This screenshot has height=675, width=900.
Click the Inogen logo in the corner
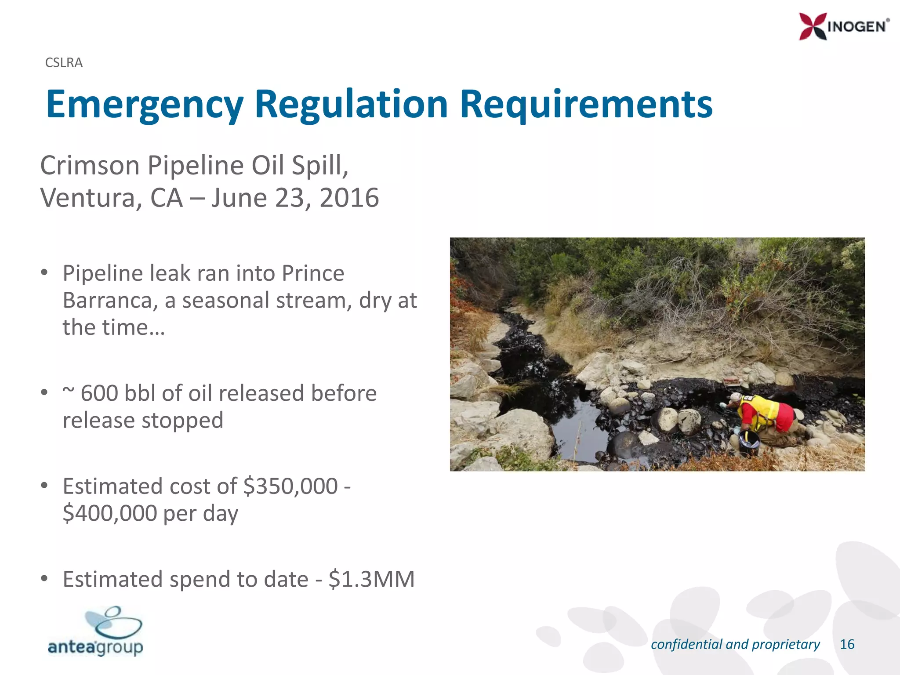pos(844,26)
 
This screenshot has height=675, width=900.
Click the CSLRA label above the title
pos(64,63)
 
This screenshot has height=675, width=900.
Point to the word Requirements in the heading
pos(586,105)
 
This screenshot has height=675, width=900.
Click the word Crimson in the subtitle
pos(90,166)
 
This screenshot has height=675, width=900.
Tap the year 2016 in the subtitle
pos(349,198)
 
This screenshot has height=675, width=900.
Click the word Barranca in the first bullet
pos(110,301)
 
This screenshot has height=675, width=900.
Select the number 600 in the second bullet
pos(99,393)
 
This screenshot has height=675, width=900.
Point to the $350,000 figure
pos(290,486)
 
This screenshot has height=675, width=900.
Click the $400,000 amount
pos(109,513)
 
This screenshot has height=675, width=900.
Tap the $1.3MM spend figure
pos(371,579)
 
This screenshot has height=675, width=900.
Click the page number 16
pos(847,644)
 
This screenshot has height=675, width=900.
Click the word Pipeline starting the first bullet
pos(102,273)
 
